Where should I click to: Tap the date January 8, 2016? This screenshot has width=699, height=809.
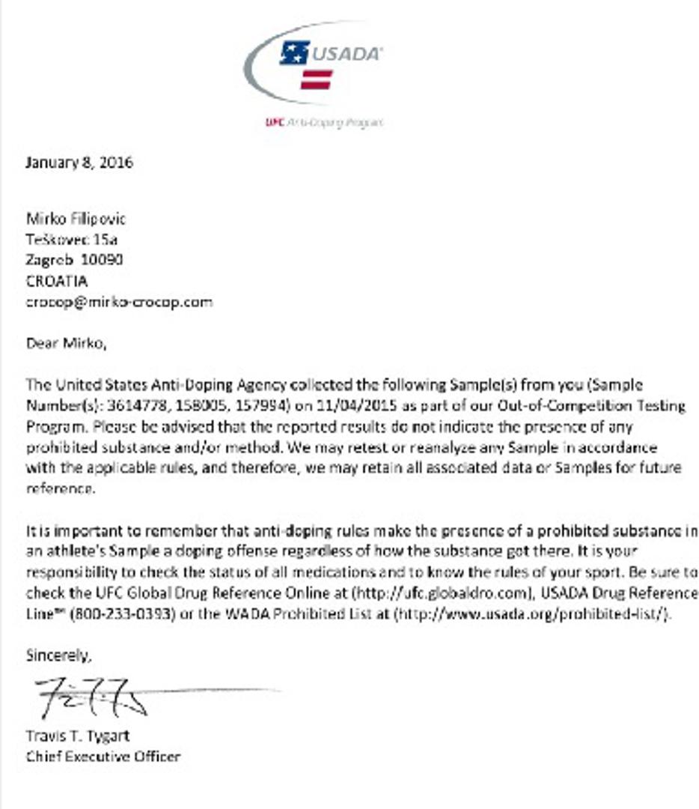pos(79,163)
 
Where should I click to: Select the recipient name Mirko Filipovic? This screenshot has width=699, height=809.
pos(76,219)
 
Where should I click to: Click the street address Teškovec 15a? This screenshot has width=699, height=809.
pos(72,240)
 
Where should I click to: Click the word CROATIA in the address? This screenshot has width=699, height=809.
pos(57,281)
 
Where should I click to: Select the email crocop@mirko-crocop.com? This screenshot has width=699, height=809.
pos(119,302)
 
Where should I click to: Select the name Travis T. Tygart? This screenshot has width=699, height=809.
pos(78,736)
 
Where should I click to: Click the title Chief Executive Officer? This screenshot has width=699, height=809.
pos(103,757)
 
